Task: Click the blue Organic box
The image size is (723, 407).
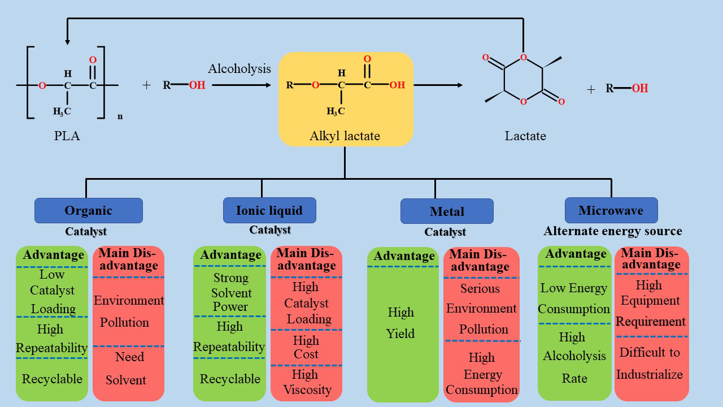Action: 89,211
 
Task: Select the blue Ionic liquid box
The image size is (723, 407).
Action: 269,210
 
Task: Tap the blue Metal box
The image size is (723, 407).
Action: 447,211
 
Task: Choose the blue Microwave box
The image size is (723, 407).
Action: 611,210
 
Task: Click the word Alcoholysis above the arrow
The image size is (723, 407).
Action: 239,69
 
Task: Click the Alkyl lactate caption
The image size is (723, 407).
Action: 345,136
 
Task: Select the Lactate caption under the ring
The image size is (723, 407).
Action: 525,136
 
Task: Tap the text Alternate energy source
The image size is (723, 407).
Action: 613,231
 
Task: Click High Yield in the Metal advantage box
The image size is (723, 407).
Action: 401,323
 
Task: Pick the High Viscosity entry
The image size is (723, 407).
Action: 307,382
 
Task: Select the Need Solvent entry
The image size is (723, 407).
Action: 128,369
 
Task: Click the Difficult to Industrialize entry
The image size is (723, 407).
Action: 650,363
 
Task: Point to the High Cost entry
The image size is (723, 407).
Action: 306,347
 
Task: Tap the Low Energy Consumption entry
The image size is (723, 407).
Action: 574,298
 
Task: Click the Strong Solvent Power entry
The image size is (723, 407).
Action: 230,292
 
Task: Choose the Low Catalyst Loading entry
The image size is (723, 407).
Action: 52,292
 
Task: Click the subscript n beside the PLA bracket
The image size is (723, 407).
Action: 120,116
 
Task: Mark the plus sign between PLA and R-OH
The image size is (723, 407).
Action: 147,85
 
